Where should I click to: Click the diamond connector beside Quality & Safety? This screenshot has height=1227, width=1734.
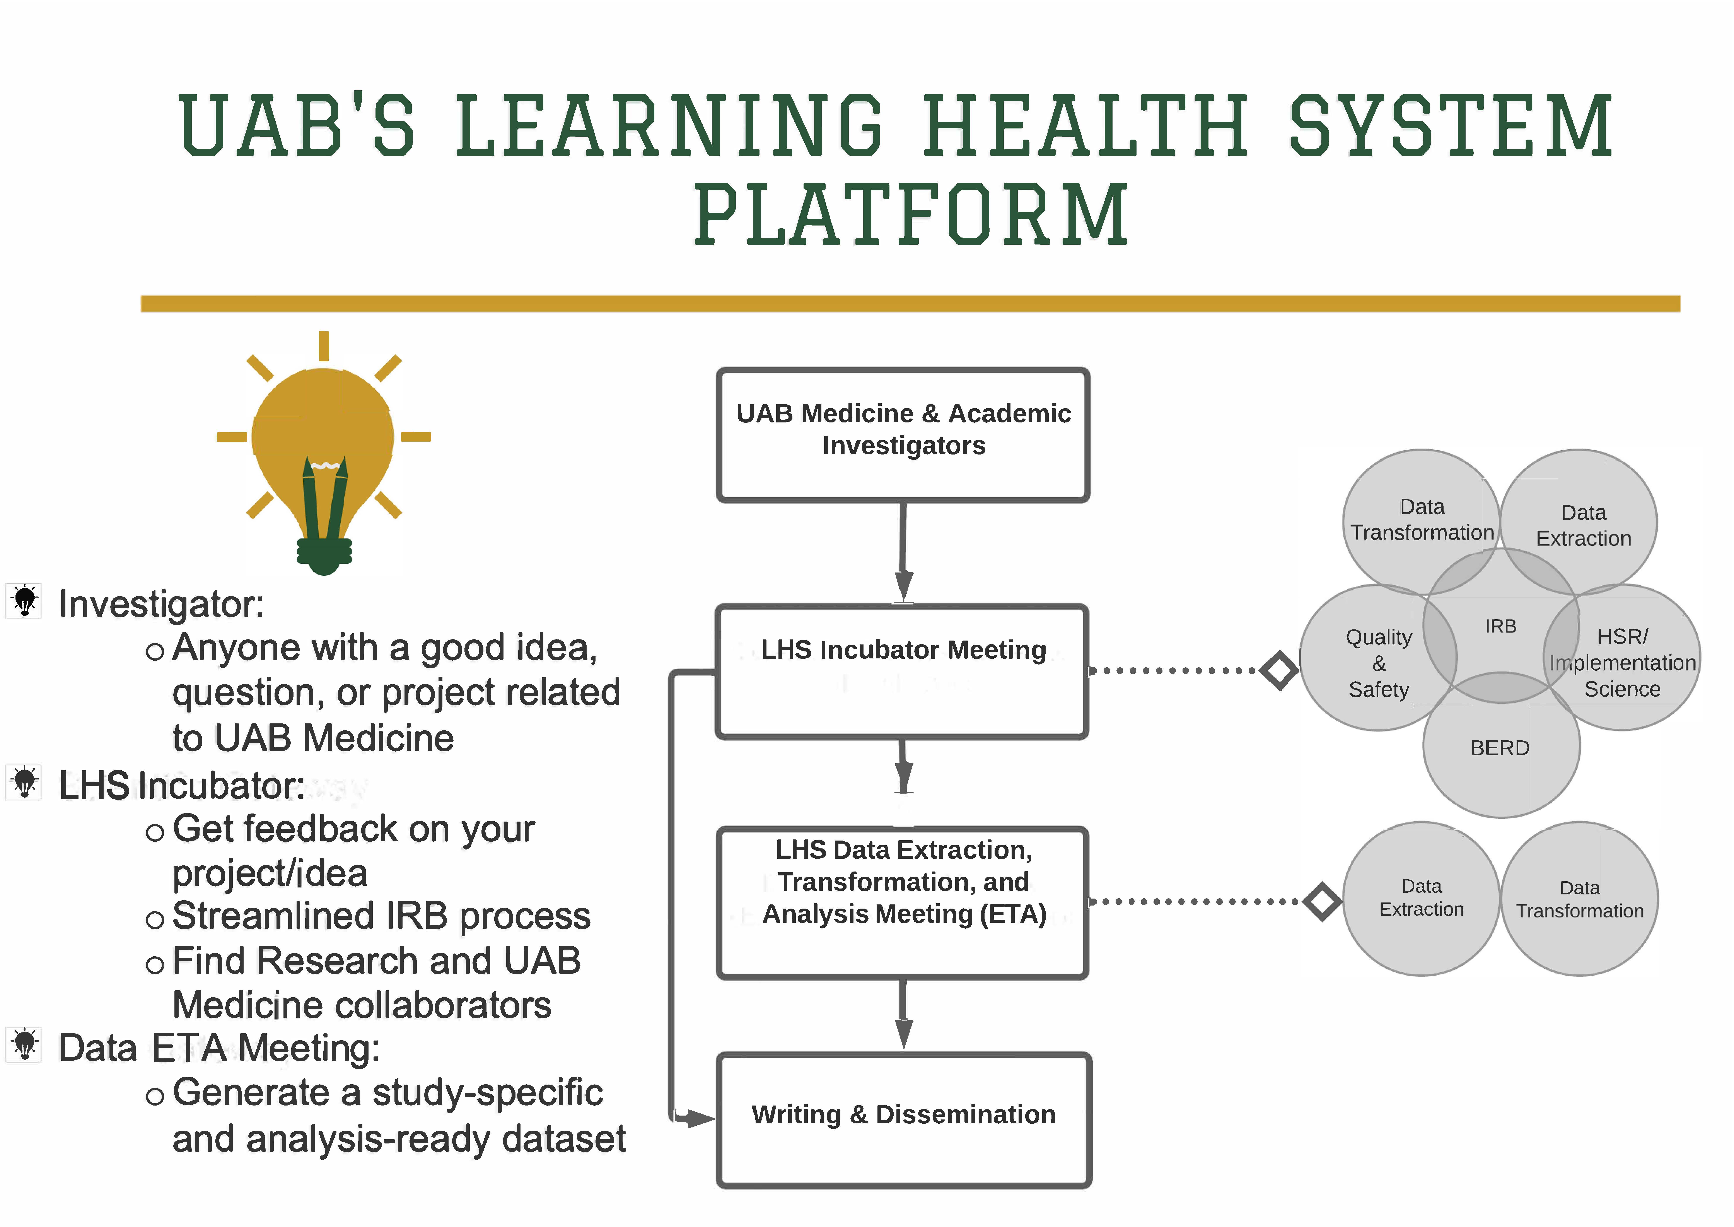point(1279,670)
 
